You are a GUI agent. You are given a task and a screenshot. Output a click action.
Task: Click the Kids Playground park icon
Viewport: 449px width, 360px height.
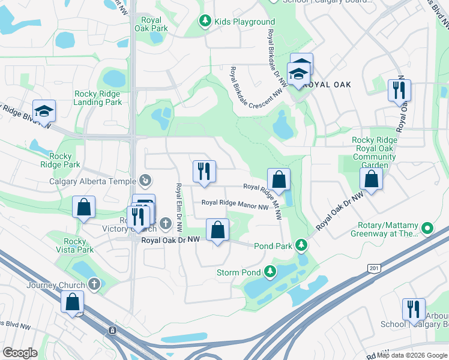205,22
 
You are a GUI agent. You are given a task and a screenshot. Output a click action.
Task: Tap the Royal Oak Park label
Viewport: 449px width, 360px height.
151,23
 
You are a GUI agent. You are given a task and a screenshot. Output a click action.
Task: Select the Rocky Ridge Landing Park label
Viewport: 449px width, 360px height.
97,98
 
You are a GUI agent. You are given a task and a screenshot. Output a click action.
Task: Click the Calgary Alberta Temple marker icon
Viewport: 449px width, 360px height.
145,180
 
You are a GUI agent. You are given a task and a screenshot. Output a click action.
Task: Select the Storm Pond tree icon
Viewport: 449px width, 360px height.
271,272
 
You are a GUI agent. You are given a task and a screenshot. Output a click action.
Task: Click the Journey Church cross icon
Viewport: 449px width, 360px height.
94,284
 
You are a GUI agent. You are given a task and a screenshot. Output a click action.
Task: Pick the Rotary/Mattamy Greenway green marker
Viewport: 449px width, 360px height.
427,229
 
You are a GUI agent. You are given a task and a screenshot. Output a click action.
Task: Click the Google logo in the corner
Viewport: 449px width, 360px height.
20,353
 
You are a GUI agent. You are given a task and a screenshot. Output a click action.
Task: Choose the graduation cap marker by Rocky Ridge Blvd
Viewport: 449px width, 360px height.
44,111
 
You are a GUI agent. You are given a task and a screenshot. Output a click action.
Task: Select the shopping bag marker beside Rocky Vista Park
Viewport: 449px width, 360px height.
84,207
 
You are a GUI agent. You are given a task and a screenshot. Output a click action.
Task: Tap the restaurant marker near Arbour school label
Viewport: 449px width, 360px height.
414,310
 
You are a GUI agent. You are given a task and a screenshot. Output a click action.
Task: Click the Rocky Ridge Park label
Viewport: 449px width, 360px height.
60,160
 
